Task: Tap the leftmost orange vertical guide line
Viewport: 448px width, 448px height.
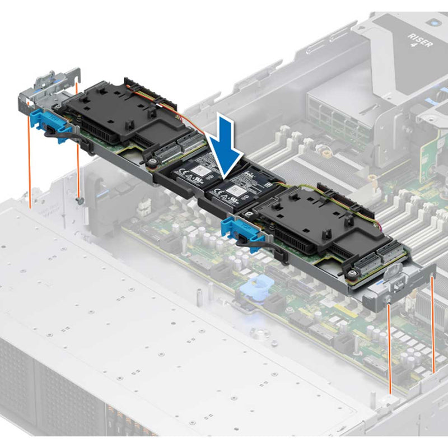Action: coord(28,151)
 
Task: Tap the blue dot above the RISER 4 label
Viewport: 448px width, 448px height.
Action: coord(434,24)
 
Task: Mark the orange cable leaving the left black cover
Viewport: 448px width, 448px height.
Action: coord(185,120)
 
